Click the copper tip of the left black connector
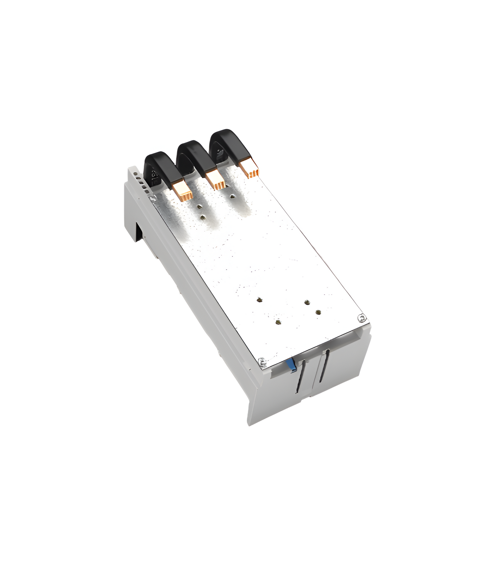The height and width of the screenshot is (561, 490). tap(183, 191)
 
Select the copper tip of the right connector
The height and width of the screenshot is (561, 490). tap(249, 169)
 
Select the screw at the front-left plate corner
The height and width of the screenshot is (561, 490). tap(261, 361)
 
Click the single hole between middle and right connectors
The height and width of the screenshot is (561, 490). tap(232, 196)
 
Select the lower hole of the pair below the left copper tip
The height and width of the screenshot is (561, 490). tap(203, 217)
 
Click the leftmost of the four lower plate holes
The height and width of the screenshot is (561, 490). tap(259, 299)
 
